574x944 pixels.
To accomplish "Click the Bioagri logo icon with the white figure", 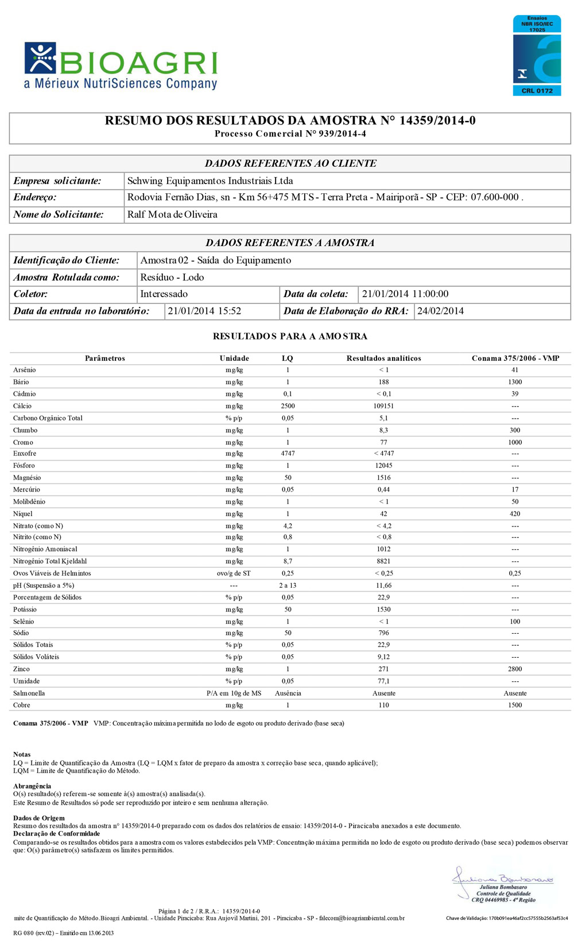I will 40,58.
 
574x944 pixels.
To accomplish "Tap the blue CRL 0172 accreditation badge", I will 537,56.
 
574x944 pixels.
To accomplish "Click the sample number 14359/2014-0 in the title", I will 437,120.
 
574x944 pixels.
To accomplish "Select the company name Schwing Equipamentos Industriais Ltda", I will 210,181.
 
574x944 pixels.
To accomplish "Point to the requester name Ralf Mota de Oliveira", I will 172,214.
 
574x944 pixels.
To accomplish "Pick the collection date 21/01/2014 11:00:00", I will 405,294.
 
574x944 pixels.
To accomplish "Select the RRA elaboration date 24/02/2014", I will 440,311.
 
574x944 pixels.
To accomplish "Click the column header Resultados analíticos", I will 383,358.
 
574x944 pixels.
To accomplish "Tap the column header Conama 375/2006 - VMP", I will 515,358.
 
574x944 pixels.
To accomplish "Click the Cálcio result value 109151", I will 383,406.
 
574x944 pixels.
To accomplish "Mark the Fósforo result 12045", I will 383,466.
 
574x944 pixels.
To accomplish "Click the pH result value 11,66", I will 383,586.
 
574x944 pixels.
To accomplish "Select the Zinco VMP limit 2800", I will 515,669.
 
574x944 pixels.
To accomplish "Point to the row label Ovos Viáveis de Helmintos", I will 52,574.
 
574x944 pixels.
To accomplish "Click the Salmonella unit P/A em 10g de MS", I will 234,693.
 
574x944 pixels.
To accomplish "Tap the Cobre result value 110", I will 383,705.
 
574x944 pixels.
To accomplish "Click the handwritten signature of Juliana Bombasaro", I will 502,876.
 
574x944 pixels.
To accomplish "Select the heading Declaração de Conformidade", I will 56,834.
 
